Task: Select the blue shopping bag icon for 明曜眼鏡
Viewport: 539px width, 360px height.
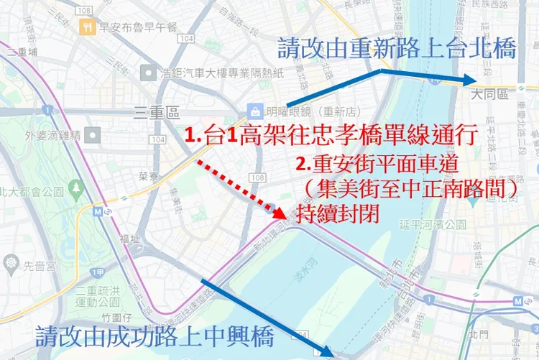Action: click(254, 111)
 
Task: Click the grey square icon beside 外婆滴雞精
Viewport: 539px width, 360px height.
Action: click(93, 135)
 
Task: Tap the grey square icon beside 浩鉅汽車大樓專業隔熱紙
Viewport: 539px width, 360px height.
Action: click(149, 73)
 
